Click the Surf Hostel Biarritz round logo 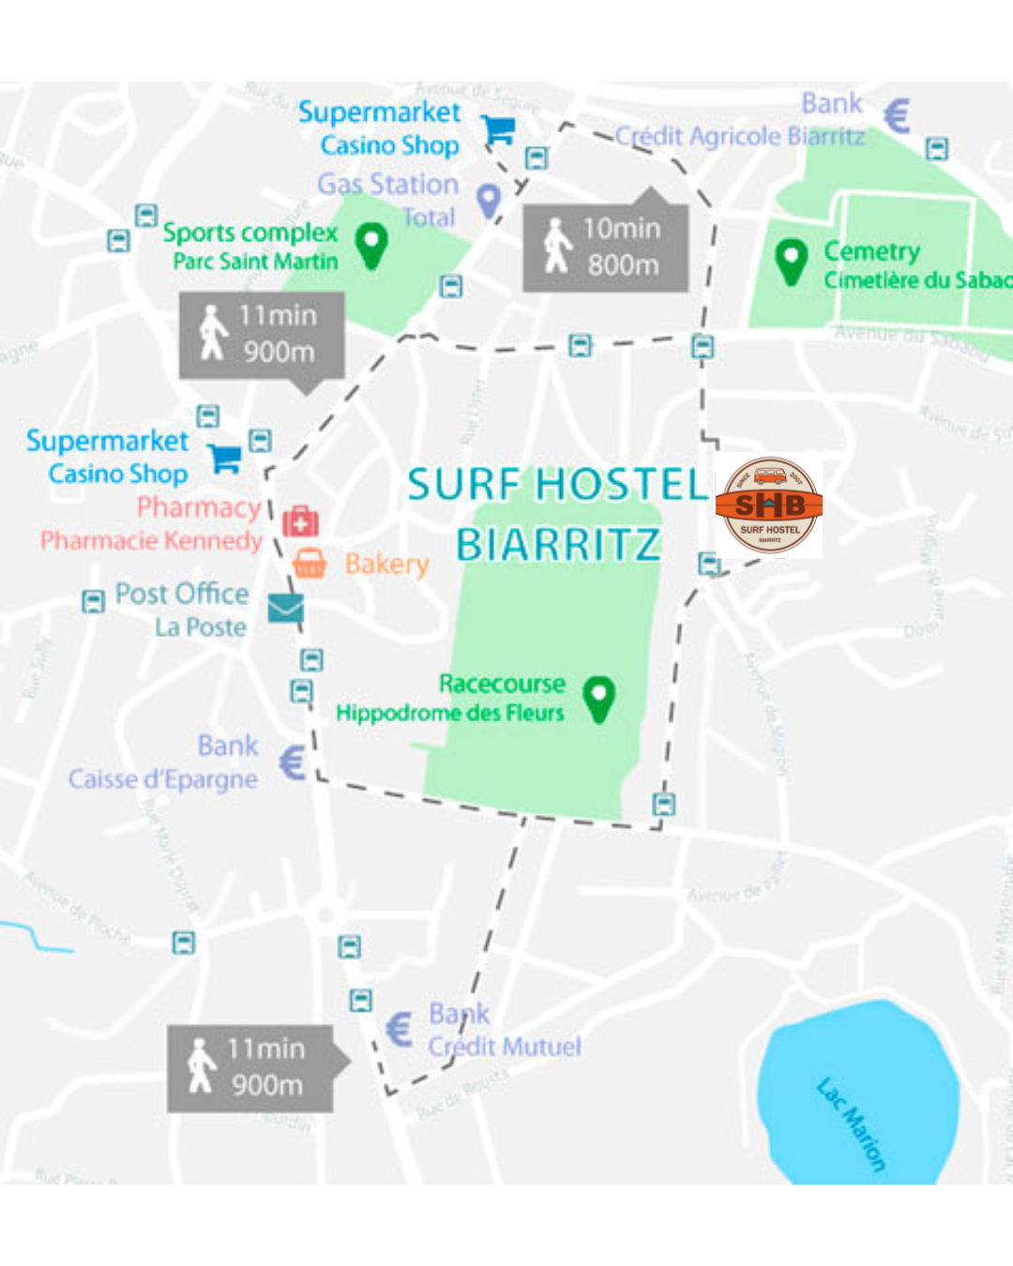point(769,506)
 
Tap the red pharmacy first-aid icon point(300,521)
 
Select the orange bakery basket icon point(310,563)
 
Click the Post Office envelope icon point(285,609)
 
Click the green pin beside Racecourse point(598,698)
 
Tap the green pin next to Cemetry point(792,260)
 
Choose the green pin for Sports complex point(372,245)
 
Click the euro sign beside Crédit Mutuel point(400,1030)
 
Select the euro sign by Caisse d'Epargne point(293,762)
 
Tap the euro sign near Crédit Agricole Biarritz point(897,117)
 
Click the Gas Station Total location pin point(489,200)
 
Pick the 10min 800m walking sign point(606,248)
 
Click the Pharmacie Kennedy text point(151,540)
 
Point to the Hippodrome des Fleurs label point(450,713)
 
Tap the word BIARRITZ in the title point(558,544)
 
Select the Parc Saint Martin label point(255,261)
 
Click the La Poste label point(201,626)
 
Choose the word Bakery point(386,564)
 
